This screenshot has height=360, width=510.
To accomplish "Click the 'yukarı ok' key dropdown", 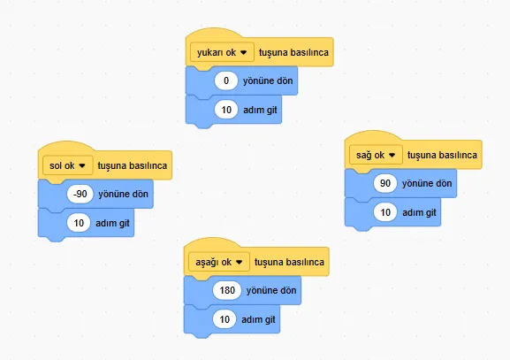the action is (x=222, y=52).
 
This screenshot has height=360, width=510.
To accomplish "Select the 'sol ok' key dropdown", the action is (x=68, y=165).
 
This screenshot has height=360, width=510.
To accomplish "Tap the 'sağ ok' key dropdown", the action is (x=376, y=155).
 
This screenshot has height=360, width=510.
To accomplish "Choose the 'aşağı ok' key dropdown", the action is (x=219, y=262).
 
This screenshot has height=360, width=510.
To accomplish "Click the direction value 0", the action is (x=226, y=80).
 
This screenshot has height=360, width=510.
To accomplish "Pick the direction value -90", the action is (x=80, y=194).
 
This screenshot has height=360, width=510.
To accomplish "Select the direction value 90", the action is (x=385, y=183).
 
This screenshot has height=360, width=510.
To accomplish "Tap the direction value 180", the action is (x=227, y=290).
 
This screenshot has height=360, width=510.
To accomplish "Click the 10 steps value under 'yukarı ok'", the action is (x=226, y=110).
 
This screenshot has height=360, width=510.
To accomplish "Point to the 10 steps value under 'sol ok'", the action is (x=79, y=223).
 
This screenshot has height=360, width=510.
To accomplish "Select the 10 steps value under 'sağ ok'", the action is (x=385, y=212).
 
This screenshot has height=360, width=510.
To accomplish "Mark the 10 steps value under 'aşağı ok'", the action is (x=225, y=319).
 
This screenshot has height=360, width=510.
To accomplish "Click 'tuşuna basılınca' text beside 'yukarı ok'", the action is (x=293, y=52).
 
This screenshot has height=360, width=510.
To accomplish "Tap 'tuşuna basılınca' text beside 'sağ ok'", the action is (x=442, y=156).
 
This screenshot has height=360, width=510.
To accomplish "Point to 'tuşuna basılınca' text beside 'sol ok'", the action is (x=133, y=165).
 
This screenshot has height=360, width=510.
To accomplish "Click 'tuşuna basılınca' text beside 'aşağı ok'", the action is (x=289, y=262).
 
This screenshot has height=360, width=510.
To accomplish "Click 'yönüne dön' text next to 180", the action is (x=271, y=290).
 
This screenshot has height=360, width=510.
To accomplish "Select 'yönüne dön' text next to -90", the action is (x=123, y=194).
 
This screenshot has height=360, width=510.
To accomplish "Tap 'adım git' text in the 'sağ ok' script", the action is (x=419, y=212).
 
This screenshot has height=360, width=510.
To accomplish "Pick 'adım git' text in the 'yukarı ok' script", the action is (x=260, y=110).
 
